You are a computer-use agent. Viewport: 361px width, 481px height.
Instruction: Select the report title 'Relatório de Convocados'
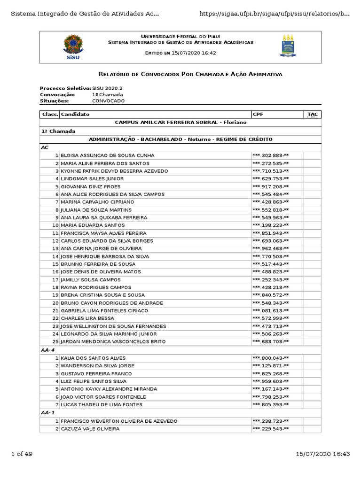point(190,74)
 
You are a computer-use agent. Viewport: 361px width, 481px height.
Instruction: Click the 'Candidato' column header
point(75,114)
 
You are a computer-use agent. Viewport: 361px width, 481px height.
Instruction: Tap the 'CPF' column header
point(258,114)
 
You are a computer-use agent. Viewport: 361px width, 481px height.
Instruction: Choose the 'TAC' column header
point(312,114)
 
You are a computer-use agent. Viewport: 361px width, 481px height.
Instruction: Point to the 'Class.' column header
point(50,114)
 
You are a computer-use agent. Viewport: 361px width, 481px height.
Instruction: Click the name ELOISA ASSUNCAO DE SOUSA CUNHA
point(108,155)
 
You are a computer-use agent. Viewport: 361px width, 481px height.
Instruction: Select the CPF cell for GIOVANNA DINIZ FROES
point(271,186)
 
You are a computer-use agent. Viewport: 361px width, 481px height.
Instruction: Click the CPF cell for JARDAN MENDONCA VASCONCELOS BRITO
point(271,341)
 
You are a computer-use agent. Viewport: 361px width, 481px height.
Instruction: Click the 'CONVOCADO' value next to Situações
point(109,101)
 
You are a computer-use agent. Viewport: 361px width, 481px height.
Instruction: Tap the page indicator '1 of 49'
point(22,454)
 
